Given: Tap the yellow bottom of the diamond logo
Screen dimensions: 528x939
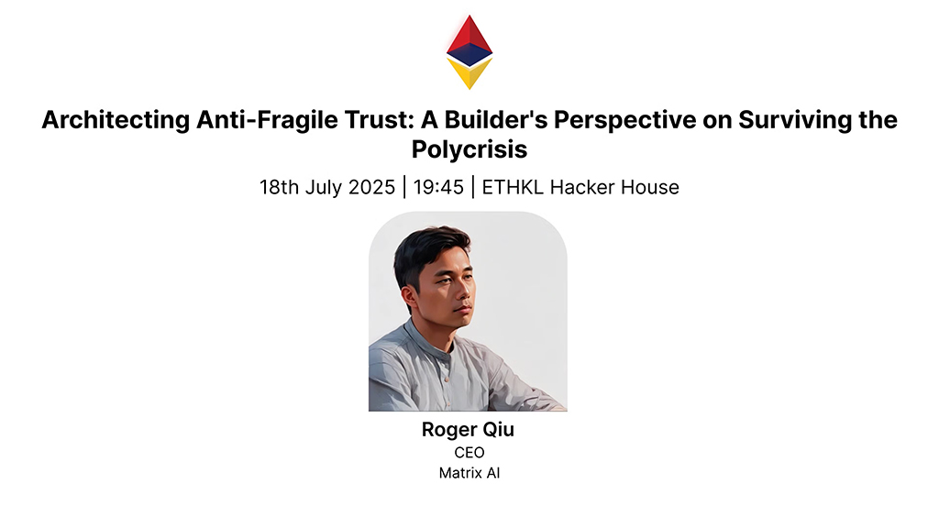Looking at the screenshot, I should pos(469,74).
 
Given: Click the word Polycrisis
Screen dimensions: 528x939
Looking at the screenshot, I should pos(469,148).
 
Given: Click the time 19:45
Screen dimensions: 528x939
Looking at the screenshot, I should pos(437,187).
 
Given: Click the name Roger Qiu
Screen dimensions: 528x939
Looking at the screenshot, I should pos(469,430).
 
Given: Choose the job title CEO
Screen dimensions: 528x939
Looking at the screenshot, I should pos(469,452).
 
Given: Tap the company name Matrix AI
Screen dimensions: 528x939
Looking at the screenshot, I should pos(469,473).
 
